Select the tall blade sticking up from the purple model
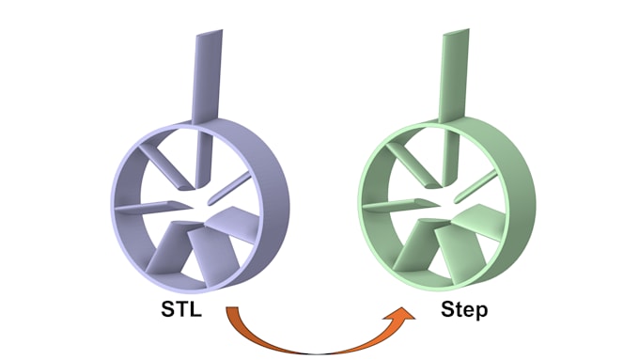[206, 75]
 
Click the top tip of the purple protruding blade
[210, 33]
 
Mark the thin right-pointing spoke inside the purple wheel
[229, 189]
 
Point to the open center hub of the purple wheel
[195, 200]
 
